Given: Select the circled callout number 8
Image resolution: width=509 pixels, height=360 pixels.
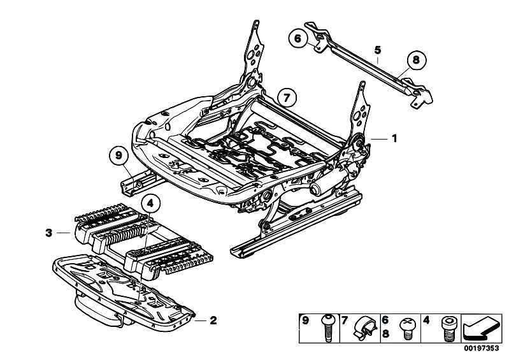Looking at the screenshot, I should click(x=415, y=60).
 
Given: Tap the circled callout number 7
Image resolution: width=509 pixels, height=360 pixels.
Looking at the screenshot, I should click(x=287, y=98).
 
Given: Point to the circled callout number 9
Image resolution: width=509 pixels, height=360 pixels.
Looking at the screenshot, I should click(x=118, y=155).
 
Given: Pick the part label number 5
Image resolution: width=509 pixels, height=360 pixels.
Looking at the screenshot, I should click(x=378, y=50).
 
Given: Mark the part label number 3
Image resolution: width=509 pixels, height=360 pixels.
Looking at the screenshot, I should click(x=48, y=233).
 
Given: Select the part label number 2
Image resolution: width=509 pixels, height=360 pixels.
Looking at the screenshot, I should click(x=213, y=320).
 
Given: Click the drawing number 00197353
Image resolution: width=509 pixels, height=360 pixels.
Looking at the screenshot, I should click(x=482, y=349).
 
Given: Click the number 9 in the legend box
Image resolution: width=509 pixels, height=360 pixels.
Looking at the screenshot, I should click(x=306, y=320).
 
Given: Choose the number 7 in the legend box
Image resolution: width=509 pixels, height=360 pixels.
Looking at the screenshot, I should click(x=344, y=320).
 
